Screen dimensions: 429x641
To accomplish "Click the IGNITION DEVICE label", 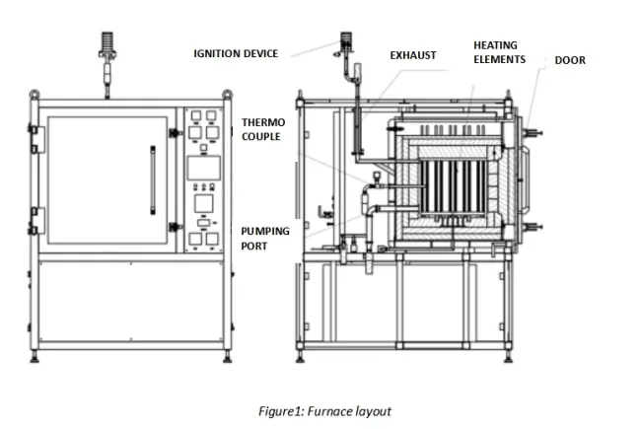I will coord(236,52).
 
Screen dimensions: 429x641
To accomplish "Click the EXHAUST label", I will coord(412,55).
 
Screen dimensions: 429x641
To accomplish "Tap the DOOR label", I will coord(570,60).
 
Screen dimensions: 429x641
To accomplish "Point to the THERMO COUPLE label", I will coord(261,129).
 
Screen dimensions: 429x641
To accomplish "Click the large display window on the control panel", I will coord(203,167).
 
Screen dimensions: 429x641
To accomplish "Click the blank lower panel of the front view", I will coord(135,303).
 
